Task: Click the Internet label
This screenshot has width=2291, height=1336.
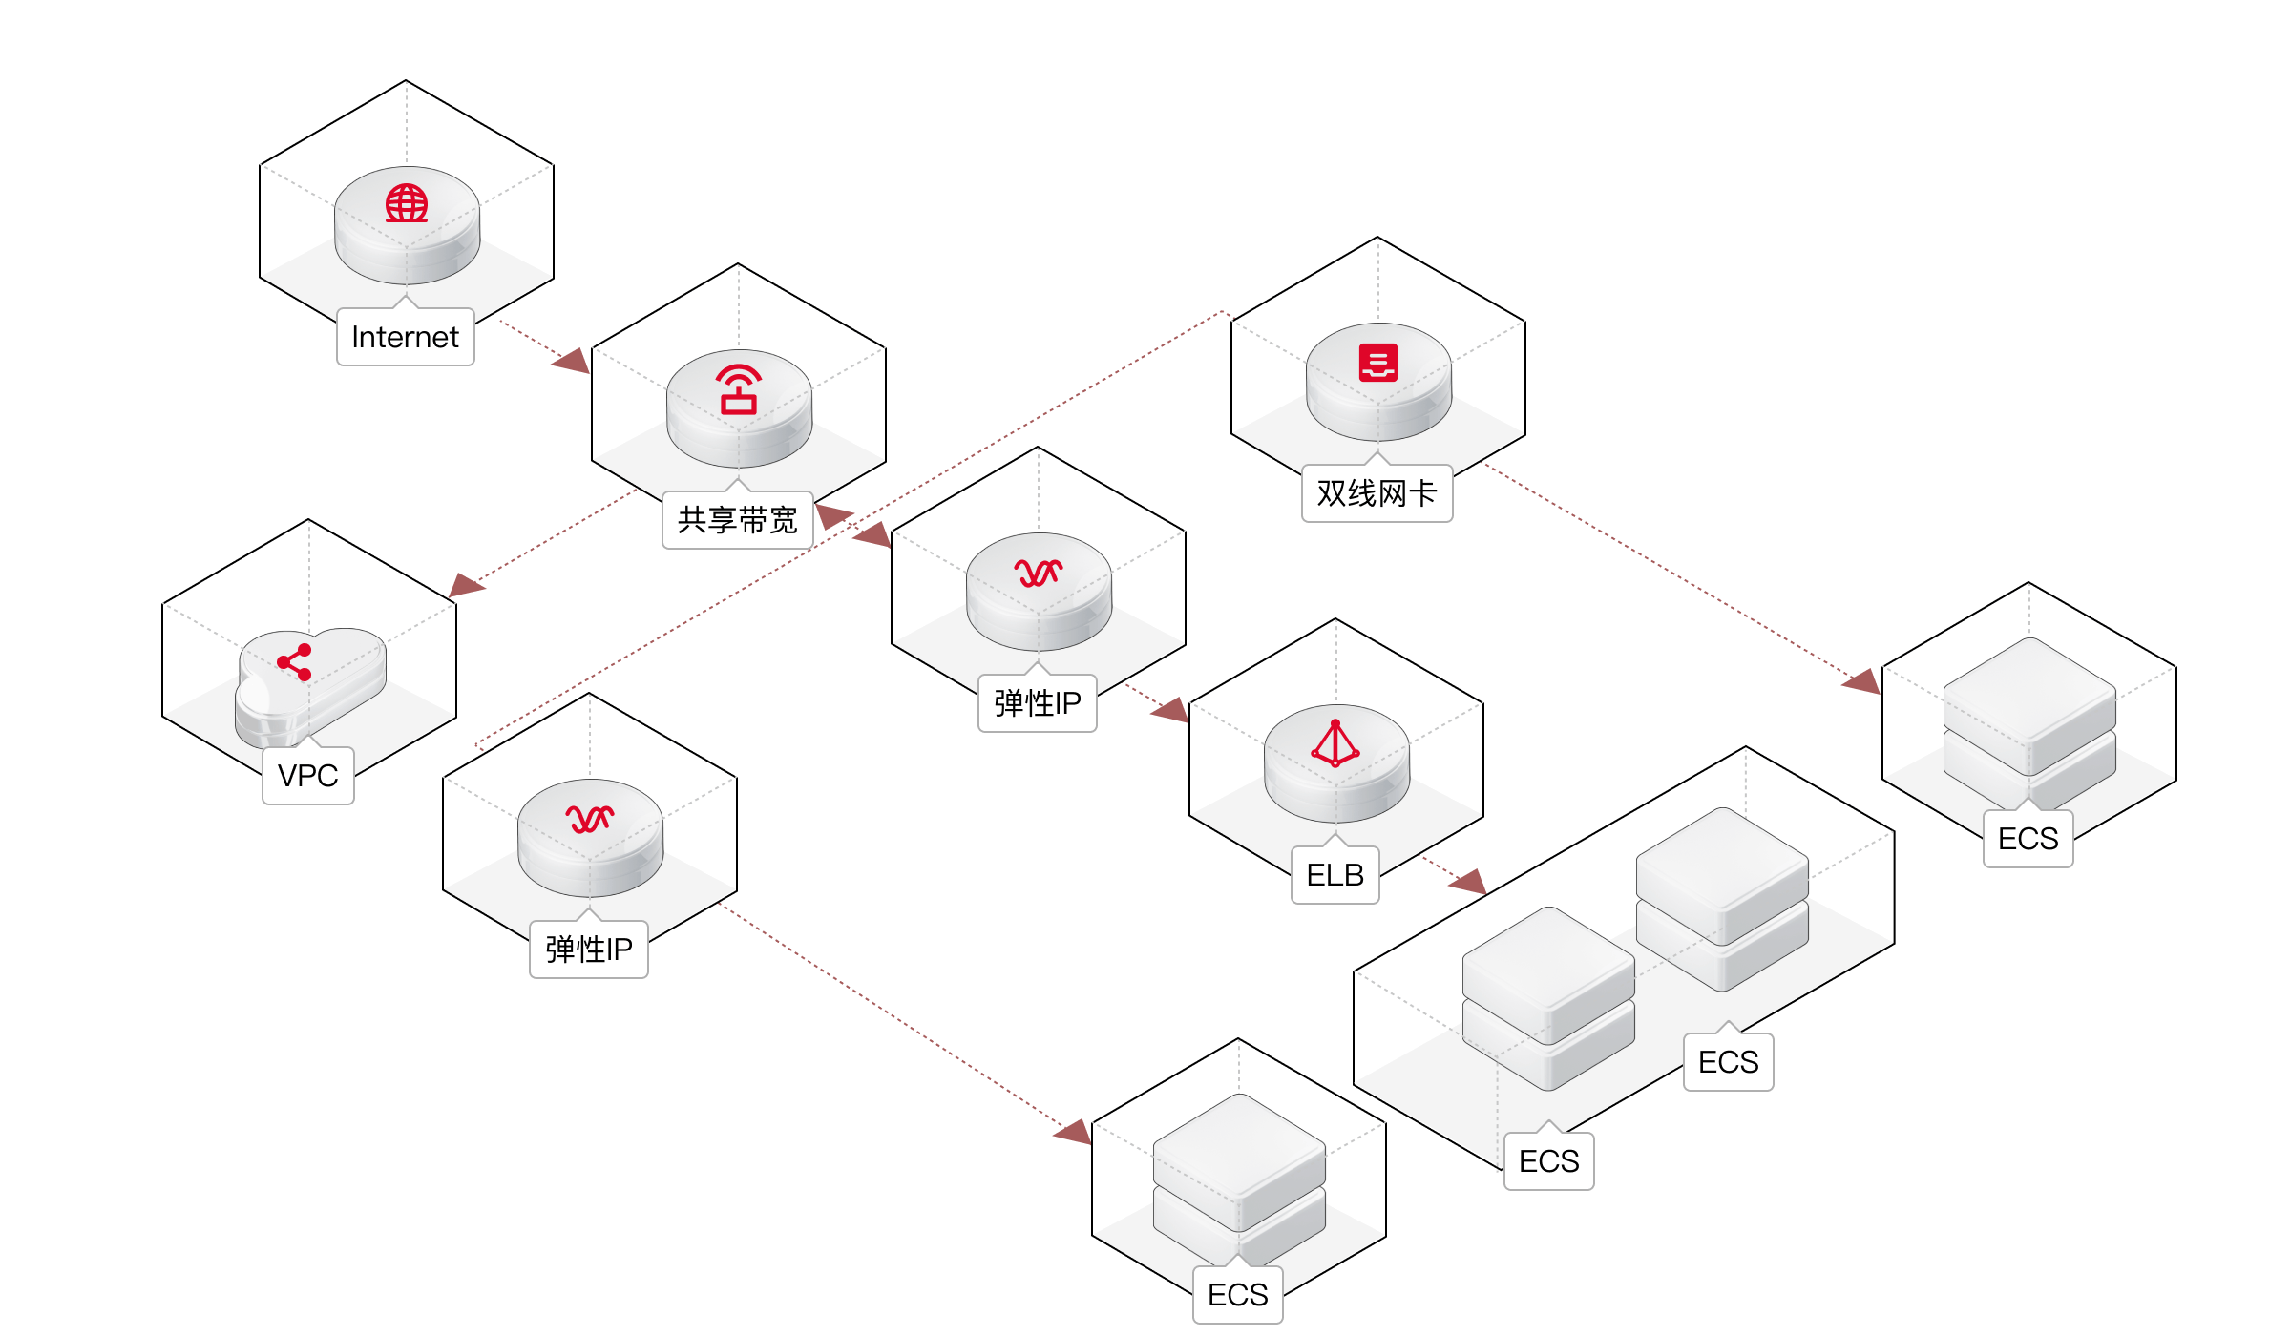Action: click(x=405, y=337)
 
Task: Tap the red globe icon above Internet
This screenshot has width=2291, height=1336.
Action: click(x=407, y=203)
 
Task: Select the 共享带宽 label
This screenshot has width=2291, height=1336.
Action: click(x=737, y=520)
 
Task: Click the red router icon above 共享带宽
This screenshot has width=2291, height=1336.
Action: click(x=739, y=389)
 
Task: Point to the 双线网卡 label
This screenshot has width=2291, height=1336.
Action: click(x=1377, y=493)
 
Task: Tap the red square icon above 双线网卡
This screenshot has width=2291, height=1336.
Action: click(x=1378, y=363)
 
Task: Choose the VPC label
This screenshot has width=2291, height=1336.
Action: click(x=307, y=776)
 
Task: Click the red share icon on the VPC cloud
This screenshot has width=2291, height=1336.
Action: click(x=295, y=662)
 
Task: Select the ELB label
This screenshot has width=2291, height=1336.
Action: click(x=1335, y=875)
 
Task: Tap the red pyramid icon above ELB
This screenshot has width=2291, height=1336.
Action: click(x=1335, y=743)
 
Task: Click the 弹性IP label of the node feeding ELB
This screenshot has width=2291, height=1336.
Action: click(x=1037, y=703)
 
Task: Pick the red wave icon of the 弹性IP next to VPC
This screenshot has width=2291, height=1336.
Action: click(x=590, y=819)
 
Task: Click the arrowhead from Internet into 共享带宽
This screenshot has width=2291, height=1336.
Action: click(x=573, y=362)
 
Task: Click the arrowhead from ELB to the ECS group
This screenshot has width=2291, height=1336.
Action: click(x=1468, y=882)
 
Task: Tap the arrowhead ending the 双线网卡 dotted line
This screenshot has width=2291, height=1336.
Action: click(x=1861, y=680)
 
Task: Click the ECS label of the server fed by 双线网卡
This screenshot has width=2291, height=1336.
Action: click(x=2028, y=839)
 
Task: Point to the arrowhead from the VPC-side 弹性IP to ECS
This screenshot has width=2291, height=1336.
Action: click(x=1073, y=1131)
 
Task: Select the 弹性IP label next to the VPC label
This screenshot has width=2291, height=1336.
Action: click(x=588, y=950)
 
